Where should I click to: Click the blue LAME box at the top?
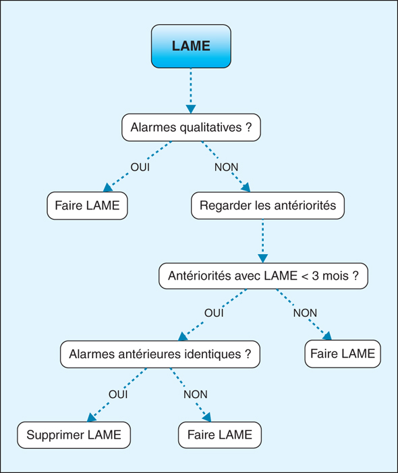click(x=191, y=46)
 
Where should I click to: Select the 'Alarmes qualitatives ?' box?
click(x=191, y=127)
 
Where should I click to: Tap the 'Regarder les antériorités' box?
click(x=268, y=205)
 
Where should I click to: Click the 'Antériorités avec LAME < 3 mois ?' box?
click(x=264, y=276)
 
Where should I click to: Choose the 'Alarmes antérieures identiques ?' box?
click(x=160, y=354)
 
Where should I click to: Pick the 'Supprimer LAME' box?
click(x=74, y=435)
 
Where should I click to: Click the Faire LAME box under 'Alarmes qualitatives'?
click(x=87, y=205)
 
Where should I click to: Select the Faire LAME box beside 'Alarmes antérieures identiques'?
click(x=343, y=354)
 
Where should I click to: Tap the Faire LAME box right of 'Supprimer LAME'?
click(x=220, y=435)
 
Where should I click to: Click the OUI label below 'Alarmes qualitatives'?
click(x=140, y=167)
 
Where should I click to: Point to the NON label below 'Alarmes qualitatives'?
click(x=227, y=167)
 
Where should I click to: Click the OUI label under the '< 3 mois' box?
click(x=214, y=313)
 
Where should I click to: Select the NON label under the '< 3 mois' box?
click(x=306, y=313)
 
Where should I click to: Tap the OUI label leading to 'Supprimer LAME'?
click(x=118, y=394)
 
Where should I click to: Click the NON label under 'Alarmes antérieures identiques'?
click(x=196, y=394)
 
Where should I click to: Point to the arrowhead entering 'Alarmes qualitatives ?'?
click(x=191, y=109)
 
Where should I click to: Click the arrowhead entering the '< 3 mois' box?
click(x=263, y=258)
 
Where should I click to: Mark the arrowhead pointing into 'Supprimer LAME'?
click(x=92, y=418)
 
